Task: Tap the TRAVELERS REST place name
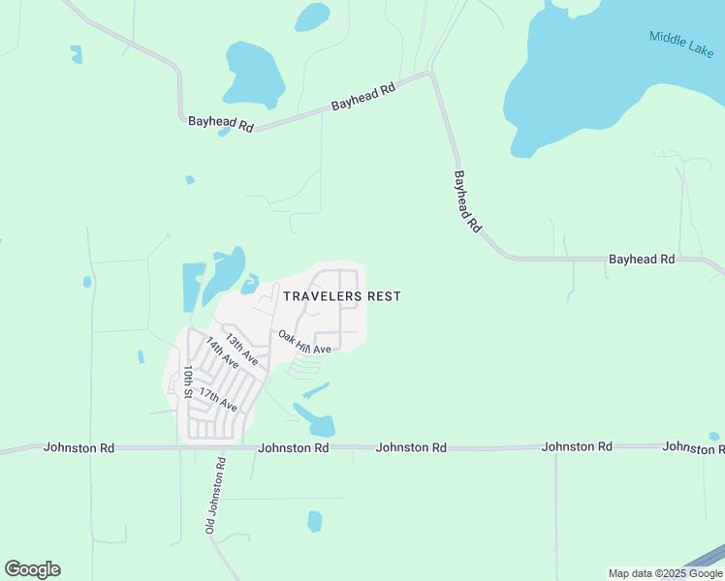pos(341,296)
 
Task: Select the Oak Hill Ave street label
pos(305,342)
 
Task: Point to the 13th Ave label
pos(241,350)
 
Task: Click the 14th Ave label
pos(222,353)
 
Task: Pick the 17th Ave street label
pos(218,398)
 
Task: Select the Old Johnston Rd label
pos(215,496)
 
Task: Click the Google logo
pos(32,569)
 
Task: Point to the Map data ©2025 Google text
pos(664,573)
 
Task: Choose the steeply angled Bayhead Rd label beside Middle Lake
pos(467,200)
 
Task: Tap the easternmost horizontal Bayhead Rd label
pos(641,260)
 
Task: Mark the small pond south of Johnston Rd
pos(314,521)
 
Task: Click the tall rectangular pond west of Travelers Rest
pos(193,287)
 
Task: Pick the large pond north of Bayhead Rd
pos(254,74)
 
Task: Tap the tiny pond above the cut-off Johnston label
pos(714,436)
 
